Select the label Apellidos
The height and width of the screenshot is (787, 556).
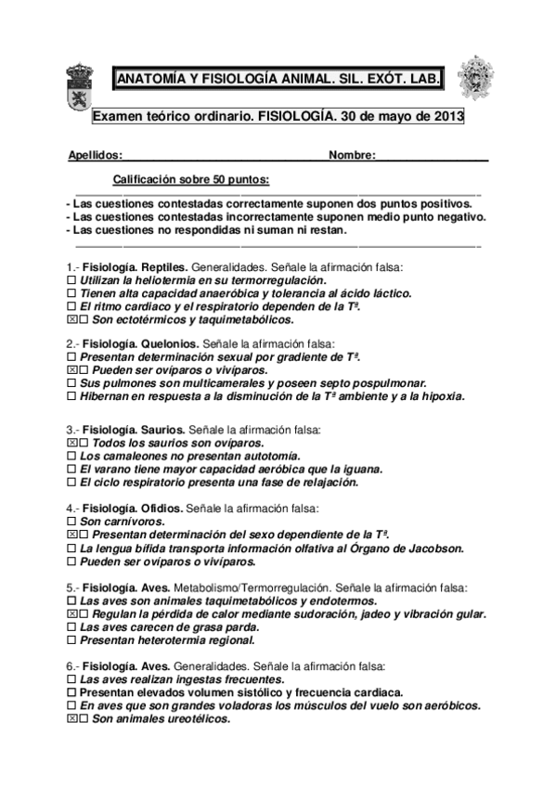[x=95, y=156]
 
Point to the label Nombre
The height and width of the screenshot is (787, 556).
[x=353, y=156]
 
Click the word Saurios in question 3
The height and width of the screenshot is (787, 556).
[x=163, y=431]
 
